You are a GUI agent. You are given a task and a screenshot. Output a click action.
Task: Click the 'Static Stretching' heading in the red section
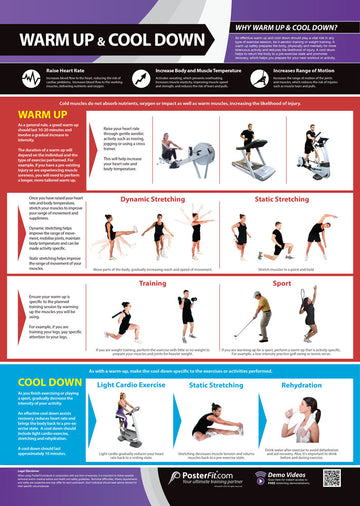coord(281,199)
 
